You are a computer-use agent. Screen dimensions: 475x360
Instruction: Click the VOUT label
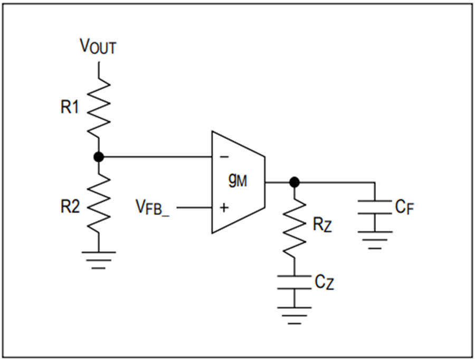pos(98,46)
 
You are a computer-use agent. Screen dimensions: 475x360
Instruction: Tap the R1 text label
pos(70,107)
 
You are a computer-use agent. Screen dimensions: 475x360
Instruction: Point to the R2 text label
pos(70,207)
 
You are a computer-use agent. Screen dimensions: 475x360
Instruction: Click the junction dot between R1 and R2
pos(99,157)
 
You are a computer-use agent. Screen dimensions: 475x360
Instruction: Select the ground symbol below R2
pos(99,260)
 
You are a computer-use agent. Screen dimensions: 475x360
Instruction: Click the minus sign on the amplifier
pos(224,157)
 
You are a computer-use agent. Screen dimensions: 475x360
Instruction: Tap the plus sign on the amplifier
pos(224,207)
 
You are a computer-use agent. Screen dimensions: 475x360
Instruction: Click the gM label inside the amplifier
pos(238,181)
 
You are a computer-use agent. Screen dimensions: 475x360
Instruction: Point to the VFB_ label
pos(153,208)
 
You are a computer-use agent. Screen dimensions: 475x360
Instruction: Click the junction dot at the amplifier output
pos(294,183)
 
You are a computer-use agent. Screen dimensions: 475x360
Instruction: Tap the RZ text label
pos(322,225)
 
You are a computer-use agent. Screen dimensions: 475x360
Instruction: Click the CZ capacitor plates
pos(294,282)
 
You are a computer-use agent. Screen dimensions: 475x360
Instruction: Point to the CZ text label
pos(324,282)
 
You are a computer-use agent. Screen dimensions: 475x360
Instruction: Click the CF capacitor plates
pos(375,207)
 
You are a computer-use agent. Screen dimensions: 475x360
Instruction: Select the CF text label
pos(404,207)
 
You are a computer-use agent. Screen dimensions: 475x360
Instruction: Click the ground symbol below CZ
pos(294,316)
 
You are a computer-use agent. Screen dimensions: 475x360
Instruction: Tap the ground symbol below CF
pos(375,240)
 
